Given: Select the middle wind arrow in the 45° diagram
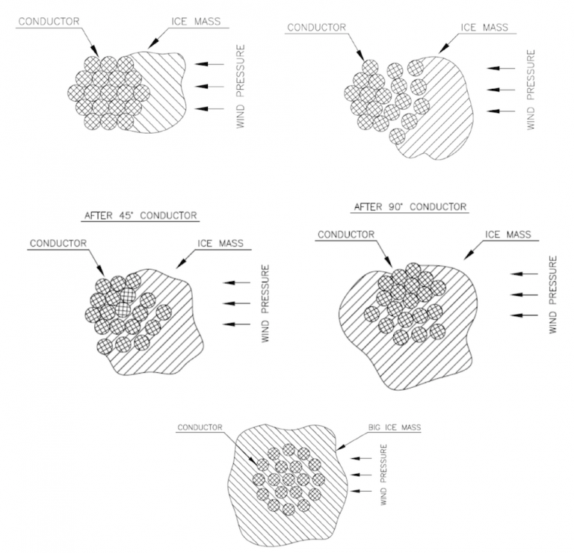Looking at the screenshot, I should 237,303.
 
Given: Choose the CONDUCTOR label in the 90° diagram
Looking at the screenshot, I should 345,235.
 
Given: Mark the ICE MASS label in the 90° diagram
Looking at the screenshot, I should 509,235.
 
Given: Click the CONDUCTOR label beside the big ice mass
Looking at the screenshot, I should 201,428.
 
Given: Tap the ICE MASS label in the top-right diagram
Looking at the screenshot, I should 483,28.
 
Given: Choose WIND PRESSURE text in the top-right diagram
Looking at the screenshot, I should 531,89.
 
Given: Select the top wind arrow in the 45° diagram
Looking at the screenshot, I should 237,282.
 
